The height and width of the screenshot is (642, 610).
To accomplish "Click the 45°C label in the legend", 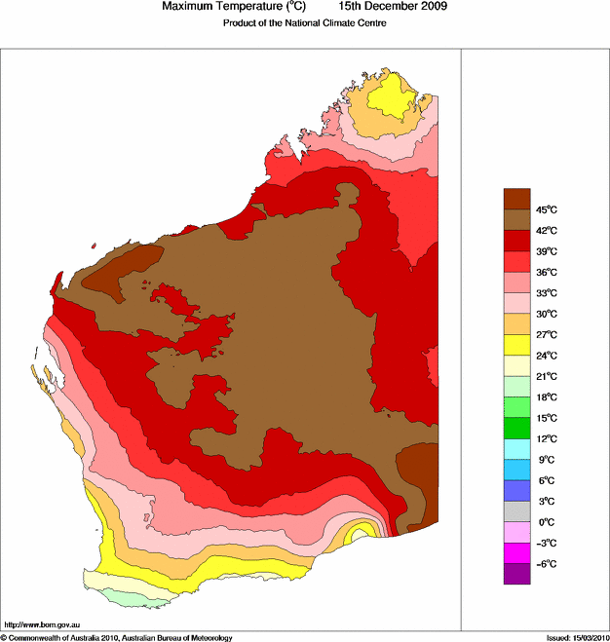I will coord(545,209).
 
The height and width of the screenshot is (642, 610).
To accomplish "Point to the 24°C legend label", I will coord(545,356).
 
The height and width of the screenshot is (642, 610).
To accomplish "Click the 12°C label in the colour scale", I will coord(545,438).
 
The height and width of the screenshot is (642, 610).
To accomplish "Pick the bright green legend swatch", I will coord(516,428).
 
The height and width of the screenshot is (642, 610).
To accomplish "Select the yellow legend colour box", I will coord(516,345).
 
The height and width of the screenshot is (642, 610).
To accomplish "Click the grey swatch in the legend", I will coord(516,511).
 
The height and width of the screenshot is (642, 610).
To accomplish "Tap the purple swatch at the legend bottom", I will coord(516,574).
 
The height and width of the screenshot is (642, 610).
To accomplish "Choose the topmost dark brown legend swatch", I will coord(516,199).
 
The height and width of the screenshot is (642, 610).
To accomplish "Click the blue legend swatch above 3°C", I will coord(516,490).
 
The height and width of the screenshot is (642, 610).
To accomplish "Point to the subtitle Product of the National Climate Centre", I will coord(305,23).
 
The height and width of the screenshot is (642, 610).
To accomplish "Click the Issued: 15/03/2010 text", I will coord(576,637).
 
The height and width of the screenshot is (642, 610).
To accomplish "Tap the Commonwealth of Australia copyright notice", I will coord(117,637).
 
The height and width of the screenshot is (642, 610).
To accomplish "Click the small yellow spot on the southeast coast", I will coord(362,531).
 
